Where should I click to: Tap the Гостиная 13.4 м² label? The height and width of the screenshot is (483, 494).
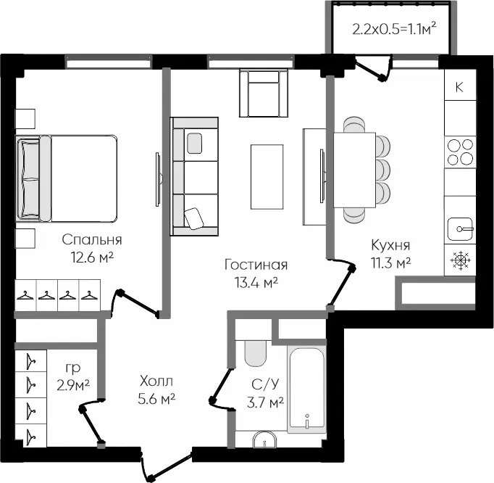pyautogui.click(x=256, y=273)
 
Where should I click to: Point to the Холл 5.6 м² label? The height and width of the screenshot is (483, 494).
pyautogui.click(x=156, y=390)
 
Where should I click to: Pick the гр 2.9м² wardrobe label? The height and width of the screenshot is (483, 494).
pyautogui.click(x=73, y=376)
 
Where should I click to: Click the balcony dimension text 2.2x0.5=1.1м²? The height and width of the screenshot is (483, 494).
pyautogui.click(x=394, y=29)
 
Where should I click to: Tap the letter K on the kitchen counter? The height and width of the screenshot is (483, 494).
pyautogui.click(x=459, y=87)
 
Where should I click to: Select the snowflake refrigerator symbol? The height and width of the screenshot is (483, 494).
pyautogui.click(x=460, y=260)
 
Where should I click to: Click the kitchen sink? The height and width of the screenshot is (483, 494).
pyautogui.click(x=460, y=229)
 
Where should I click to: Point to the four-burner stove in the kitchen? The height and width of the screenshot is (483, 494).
pyautogui.click(x=460, y=152)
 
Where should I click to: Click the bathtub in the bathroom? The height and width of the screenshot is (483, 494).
pyautogui.click(x=307, y=389)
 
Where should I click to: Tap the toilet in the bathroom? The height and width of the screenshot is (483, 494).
pyautogui.click(x=256, y=353)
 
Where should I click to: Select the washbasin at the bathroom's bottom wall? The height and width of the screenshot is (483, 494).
pyautogui.click(x=264, y=439)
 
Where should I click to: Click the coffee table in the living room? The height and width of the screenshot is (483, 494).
pyautogui.click(x=267, y=177)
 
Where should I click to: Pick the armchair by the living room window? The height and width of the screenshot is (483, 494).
pyautogui.click(x=264, y=93)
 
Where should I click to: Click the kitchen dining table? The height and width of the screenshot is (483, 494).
pyautogui.click(x=354, y=170)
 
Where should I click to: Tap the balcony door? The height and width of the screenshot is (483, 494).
pyautogui.click(x=374, y=68)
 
